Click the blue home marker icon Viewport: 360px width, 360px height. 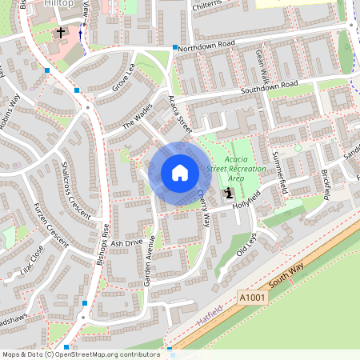[180, 173]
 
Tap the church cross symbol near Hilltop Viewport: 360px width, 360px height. [61, 33]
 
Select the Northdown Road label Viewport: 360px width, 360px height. [206, 46]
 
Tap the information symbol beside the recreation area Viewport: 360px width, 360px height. [230, 192]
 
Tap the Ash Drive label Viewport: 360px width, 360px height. [126, 242]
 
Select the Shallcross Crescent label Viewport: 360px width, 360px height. [77, 189]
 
